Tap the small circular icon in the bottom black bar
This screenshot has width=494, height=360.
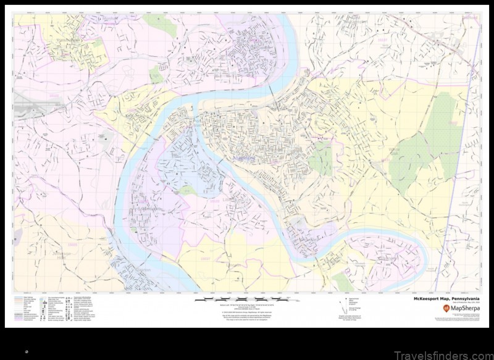27,351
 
